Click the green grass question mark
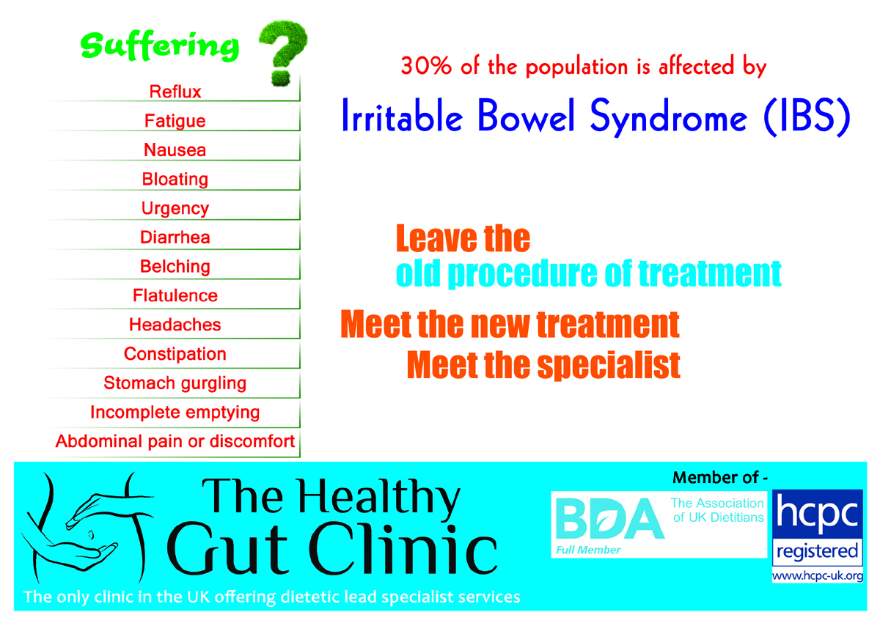pyautogui.click(x=284, y=53)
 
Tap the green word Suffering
pyautogui.click(x=160, y=46)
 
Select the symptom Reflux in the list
pyautogui.click(x=175, y=92)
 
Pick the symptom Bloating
pyautogui.click(x=175, y=180)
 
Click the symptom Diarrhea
pyautogui.click(x=175, y=237)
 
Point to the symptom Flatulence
pyautogui.click(x=175, y=295)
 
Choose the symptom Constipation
pyautogui.click(x=175, y=354)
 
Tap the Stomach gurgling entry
pyautogui.click(x=175, y=383)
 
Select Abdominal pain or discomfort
pyautogui.click(x=175, y=442)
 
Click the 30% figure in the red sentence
pyautogui.click(x=426, y=66)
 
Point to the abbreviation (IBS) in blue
pyautogui.click(x=807, y=117)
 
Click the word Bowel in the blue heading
pyautogui.click(x=527, y=115)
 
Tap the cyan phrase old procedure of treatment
pyautogui.click(x=588, y=273)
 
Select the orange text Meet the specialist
pyautogui.click(x=543, y=365)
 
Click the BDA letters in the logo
pyautogui.click(x=609, y=519)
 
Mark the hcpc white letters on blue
pyautogui.click(x=818, y=512)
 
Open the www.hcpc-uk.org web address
pyautogui.click(x=818, y=576)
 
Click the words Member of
pyautogui.click(x=716, y=478)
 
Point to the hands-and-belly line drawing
pyautogui.click(x=87, y=528)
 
